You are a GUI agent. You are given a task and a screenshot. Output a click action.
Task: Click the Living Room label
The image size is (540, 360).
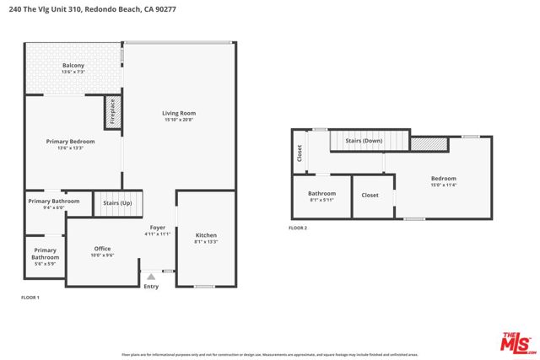(x=179, y=113)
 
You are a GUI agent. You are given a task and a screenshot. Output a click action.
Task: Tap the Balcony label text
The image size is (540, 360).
(x=73, y=66)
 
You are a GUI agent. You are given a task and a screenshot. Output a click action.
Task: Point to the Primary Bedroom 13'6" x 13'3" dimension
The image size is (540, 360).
(x=70, y=148)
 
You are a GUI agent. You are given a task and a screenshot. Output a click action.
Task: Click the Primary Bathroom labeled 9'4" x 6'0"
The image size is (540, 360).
(x=53, y=201)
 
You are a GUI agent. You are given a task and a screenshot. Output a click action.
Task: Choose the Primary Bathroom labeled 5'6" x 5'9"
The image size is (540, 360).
(x=46, y=254)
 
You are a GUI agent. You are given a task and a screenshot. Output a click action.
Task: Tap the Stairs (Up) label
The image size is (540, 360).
(x=117, y=203)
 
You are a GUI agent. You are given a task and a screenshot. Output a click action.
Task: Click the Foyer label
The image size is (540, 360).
(x=158, y=228)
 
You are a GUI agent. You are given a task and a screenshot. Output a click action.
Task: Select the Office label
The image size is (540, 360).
(x=103, y=249)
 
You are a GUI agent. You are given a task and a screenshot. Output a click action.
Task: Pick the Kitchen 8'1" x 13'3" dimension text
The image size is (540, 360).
(x=206, y=242)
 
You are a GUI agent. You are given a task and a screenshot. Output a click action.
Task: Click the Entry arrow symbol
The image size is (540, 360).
(x=151, y=276)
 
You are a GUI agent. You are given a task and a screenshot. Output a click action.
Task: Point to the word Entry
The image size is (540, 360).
(x=151, y=287)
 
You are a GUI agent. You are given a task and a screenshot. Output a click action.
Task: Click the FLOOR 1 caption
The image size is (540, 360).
(x=30, y=298)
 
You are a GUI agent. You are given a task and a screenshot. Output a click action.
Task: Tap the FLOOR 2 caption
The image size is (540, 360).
(x=298, y=228)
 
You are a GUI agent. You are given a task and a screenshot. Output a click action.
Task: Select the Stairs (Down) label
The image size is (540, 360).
(x=364, y=142)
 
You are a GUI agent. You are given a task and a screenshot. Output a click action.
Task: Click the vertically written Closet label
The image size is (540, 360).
(x=300, y=153)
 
